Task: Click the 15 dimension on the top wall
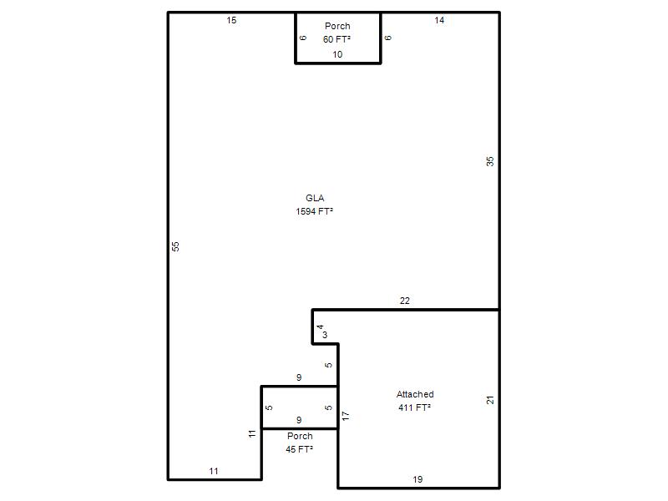pos(231,20)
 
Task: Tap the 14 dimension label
pos(439,20)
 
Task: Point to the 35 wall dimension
pos(490,161)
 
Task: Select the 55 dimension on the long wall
pos(175,246)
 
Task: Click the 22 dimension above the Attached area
pos(405,301)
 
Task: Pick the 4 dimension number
pos(321,326)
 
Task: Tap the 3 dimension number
pos(325,335)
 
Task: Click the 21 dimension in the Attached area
pos(490,400)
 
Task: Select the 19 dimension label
pos(417,479)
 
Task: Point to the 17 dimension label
pos(346,416)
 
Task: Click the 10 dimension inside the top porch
pos(337,54)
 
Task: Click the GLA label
pos(315,198)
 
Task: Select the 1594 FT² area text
pos(315,211)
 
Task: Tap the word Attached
pos(415,394)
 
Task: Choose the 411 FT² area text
pos(414,407)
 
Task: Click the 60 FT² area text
pos(337,39)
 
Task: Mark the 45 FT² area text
pos(300,449)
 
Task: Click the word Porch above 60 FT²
pos(337,26)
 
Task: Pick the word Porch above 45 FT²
pos(300,436)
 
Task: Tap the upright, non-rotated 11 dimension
pos(214,471)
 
